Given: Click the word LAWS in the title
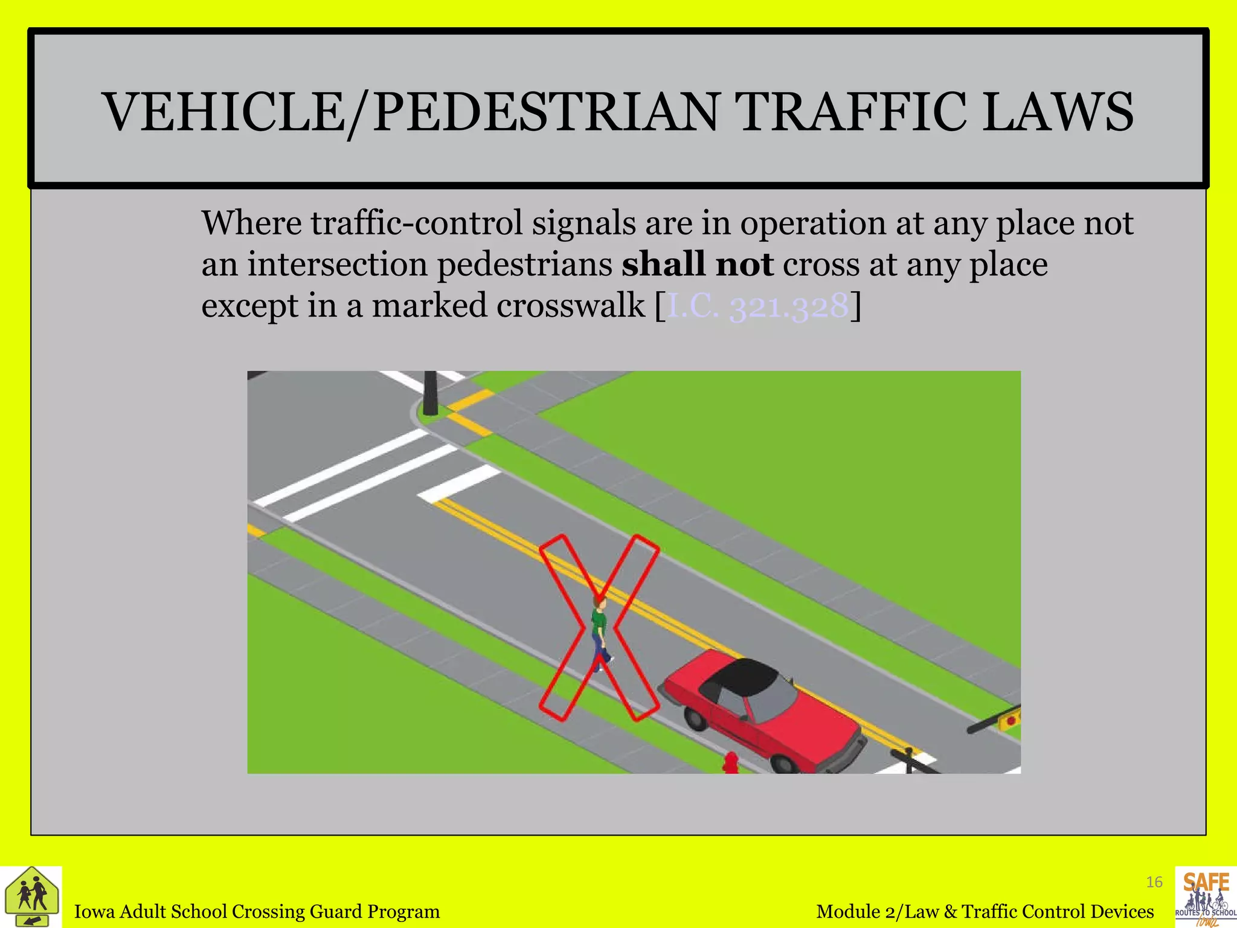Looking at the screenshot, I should [1058, 112].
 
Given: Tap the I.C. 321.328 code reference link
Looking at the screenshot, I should [757, 306].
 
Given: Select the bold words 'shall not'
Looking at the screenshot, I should [697, 265].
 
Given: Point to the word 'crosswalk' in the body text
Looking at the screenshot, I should [571, 306].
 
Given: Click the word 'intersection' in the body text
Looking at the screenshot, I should [338, 265].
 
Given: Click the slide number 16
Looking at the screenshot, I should [1154, 883].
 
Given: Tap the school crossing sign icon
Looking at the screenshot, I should [31, 897].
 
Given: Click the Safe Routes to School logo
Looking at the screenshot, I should [1206, 897].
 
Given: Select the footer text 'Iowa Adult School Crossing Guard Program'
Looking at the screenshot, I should [257, 911].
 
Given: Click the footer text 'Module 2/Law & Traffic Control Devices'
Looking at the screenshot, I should [985, 911].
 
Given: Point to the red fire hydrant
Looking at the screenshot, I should [731, 762].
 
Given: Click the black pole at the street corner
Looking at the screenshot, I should [430, 393].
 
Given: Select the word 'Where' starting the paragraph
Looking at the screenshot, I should [251, 224].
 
